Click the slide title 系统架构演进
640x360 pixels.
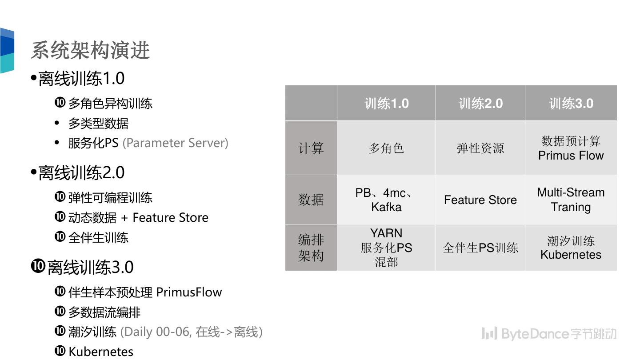90,50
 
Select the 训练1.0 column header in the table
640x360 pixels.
386,104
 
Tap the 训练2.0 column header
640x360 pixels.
480,104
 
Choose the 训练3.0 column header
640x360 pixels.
571,104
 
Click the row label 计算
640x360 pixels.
311,148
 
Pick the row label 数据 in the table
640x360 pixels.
311,200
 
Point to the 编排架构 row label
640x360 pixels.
311,248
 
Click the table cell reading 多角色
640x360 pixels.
386,148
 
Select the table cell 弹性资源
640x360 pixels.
480,148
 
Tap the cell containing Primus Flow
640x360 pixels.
571,148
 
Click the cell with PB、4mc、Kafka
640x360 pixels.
386,200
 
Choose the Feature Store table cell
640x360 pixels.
480,200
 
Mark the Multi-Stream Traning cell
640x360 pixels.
571,200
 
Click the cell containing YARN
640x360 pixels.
386,248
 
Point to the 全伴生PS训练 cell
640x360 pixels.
480,248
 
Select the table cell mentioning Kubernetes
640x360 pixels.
571,248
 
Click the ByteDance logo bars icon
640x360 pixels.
489,333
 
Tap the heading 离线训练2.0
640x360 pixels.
81,173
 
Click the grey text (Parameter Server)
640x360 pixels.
175,143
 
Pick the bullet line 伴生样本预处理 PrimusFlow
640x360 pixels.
145,292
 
